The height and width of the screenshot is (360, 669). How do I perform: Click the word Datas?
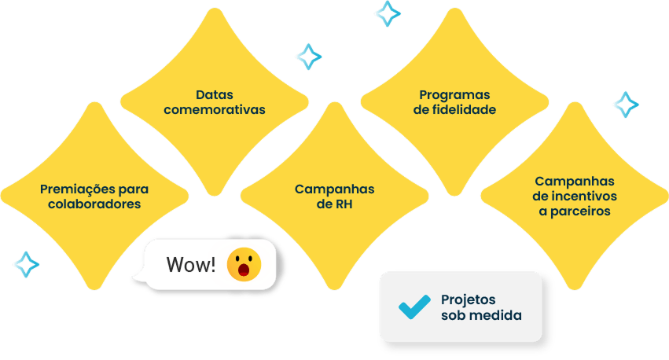click(214, 94)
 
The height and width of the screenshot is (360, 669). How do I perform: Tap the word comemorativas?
click(214, 110)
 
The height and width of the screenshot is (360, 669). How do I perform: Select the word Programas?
click(454, 94)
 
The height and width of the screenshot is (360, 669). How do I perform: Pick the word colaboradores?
click(94, 204)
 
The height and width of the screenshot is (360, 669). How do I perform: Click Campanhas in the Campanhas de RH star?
click(334, 189)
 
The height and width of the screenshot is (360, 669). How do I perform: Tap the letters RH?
click(344, 204)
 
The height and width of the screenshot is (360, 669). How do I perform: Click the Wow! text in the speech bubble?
click(190, 265)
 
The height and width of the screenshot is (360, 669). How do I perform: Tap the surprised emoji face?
click(244, 265)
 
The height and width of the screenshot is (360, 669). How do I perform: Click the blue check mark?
click(414, 307)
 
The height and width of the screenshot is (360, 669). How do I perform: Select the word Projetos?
click(469, 299)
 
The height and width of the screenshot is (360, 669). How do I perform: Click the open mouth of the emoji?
click(244, 272)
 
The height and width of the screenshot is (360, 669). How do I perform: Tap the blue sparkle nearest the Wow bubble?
click(26, 264)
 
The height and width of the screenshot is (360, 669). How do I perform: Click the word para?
click(134, 189)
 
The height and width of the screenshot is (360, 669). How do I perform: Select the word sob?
click(453, 316)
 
